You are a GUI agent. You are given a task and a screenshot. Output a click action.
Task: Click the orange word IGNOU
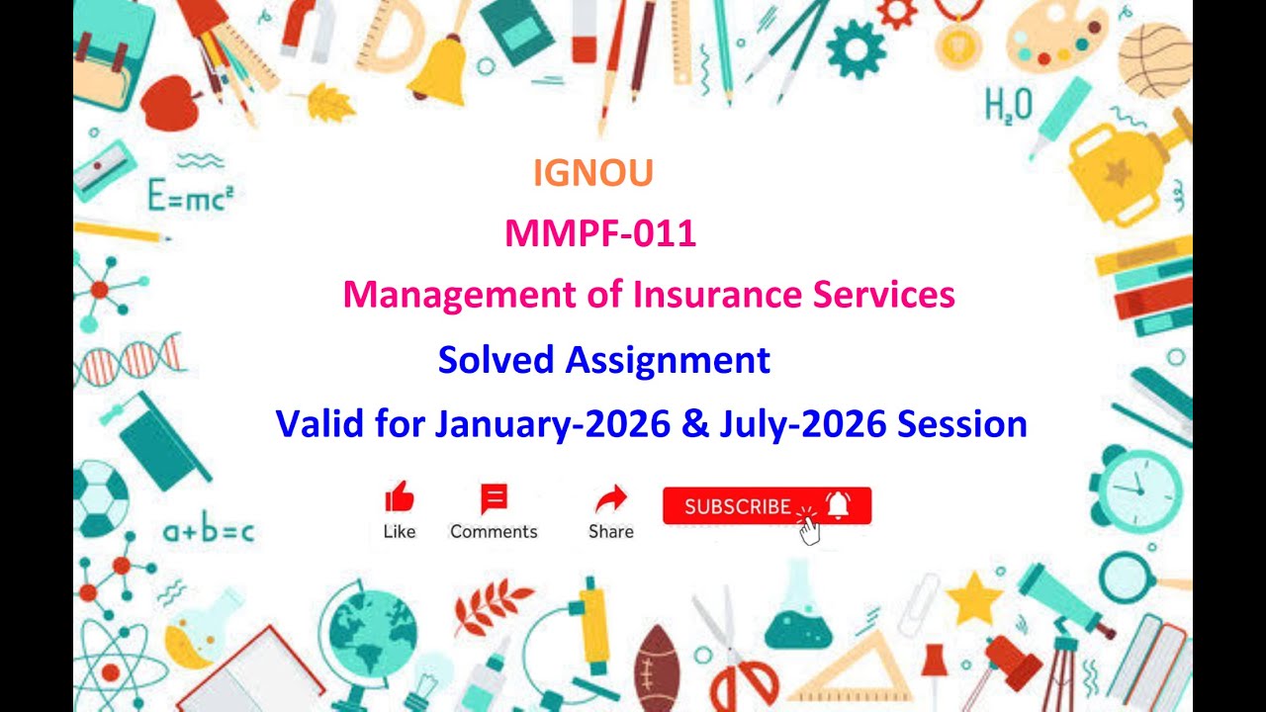coord(592,173)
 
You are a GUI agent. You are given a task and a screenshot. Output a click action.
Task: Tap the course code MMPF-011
coord(600,233)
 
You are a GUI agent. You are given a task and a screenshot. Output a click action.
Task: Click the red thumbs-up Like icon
coord(399,496)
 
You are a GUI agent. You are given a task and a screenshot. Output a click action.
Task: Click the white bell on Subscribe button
coord(838,504)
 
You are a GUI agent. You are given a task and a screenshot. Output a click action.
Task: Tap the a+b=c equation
coord(208,532)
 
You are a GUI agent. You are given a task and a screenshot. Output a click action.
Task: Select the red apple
coord(170,102)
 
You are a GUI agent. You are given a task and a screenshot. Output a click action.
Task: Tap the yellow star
coord(974,597)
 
